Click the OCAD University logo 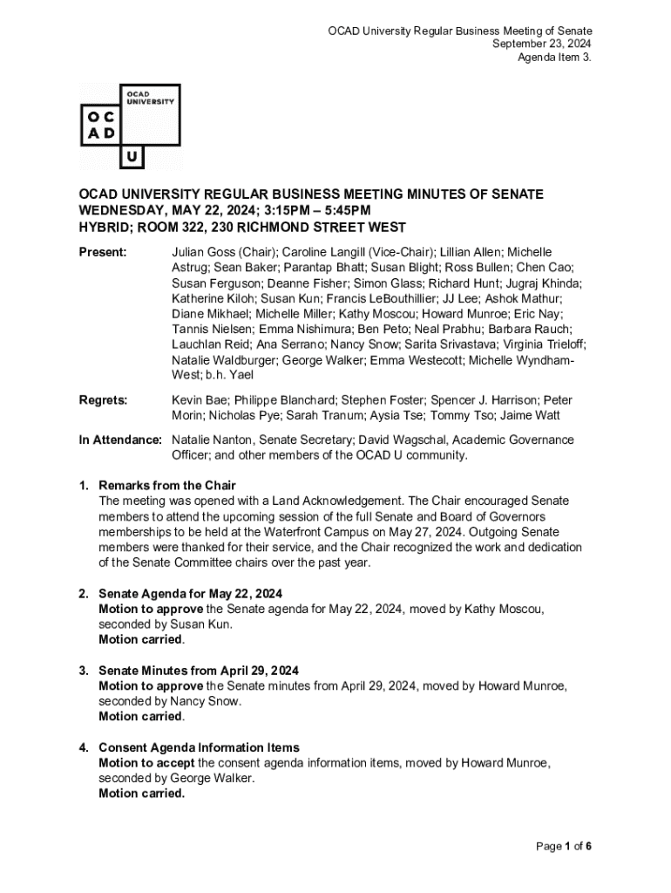130,126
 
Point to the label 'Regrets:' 104,400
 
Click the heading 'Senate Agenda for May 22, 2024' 189,594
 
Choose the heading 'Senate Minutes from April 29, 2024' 199,671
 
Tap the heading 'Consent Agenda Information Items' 199,747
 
